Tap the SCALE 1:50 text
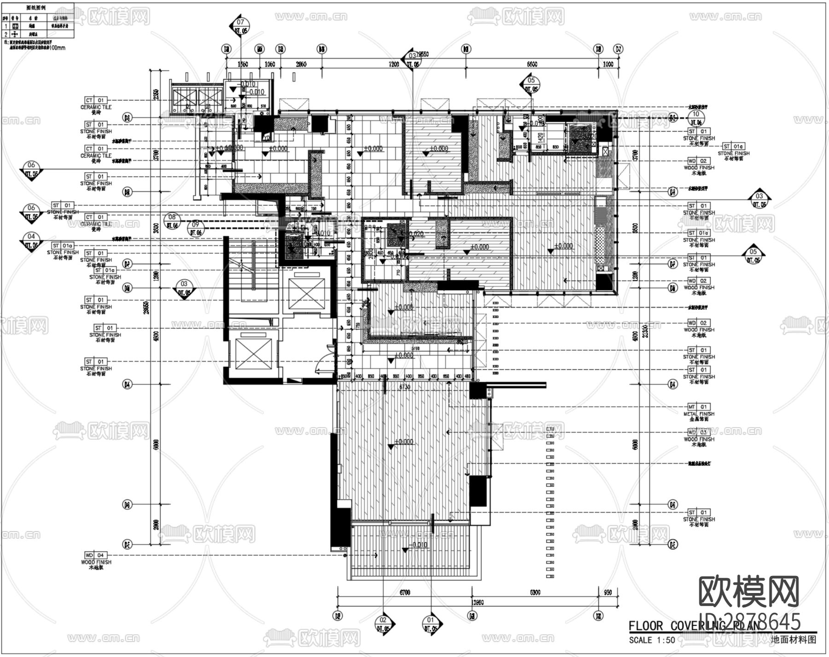pyautogui.click(x=652, y=640)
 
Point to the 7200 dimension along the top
pyautogui.click(x=393, y=64)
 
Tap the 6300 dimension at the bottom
pyautogui.click(x=535, y=593)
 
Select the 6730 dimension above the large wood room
pyautogui.click(x=404, y=387)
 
